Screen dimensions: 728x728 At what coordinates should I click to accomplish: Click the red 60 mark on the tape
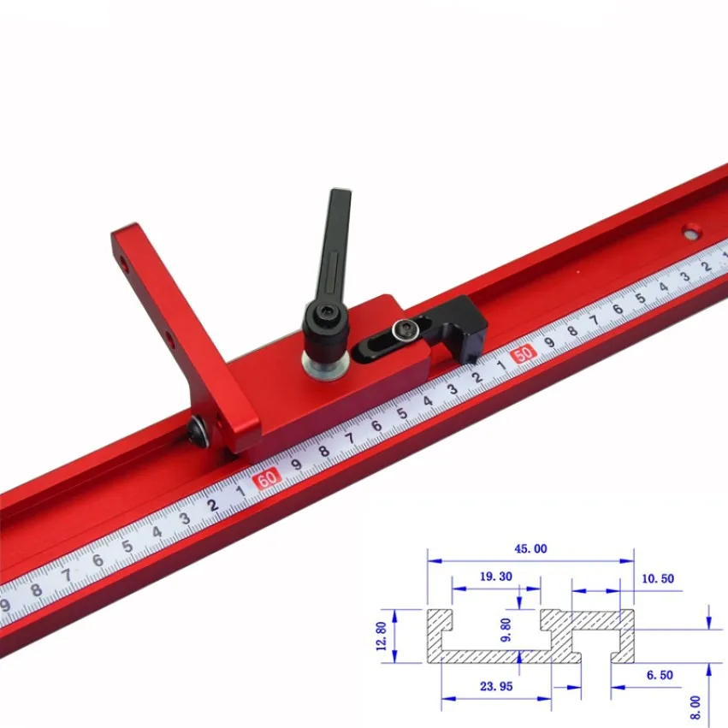pyautogui.click(x=267, y=479)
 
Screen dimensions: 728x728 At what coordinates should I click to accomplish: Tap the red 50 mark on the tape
pyautogui.click(x=524, y=354)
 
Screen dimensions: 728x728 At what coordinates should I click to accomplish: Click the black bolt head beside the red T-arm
pyautogui.click(x=199, y=432)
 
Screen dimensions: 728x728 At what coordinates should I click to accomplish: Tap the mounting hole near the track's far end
pyautogui.click(x=691, y=231)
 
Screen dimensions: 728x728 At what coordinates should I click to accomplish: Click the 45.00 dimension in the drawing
pyautogui.click(x=530, y=549)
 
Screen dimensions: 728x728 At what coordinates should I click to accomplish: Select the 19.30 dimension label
pyautogui.click(x=496, y=577)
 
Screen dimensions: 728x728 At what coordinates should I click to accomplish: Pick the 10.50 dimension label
pyautogui.click(x=658, y=578)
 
